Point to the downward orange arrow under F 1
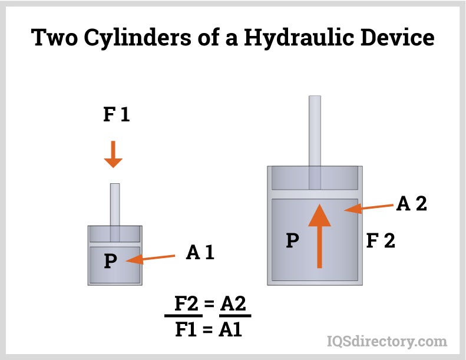[113, 154]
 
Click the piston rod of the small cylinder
[115, 203]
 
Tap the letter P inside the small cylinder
[110, 260]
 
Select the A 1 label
[200, 253]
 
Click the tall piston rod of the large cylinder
[315, 133]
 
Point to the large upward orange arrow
[319, 236]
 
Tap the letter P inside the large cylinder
[290, 240]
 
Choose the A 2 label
[411, 203]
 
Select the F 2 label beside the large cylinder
[381, 240]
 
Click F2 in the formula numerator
[189, 305]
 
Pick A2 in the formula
[234, 305]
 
